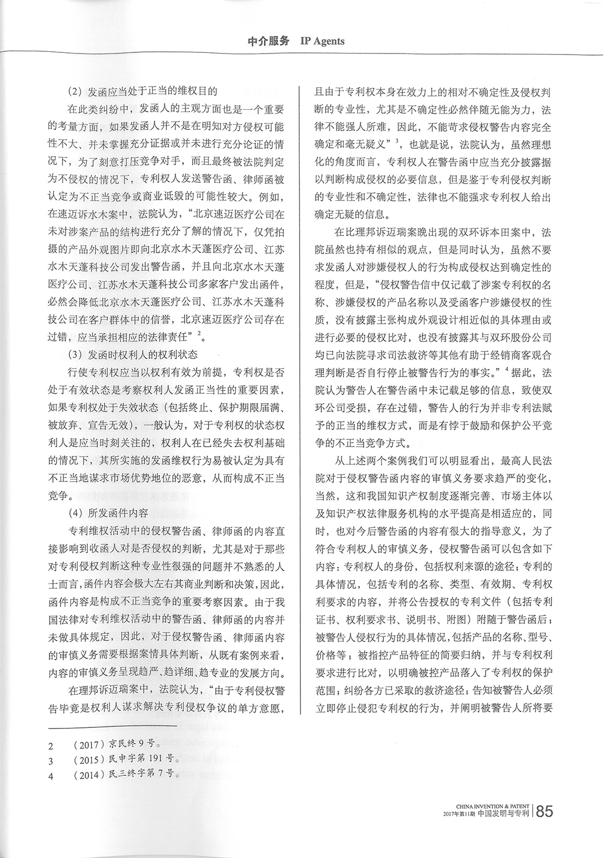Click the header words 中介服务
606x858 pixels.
click(x=269, y=40)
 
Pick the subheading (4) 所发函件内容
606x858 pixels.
click(x=108, y=512)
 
